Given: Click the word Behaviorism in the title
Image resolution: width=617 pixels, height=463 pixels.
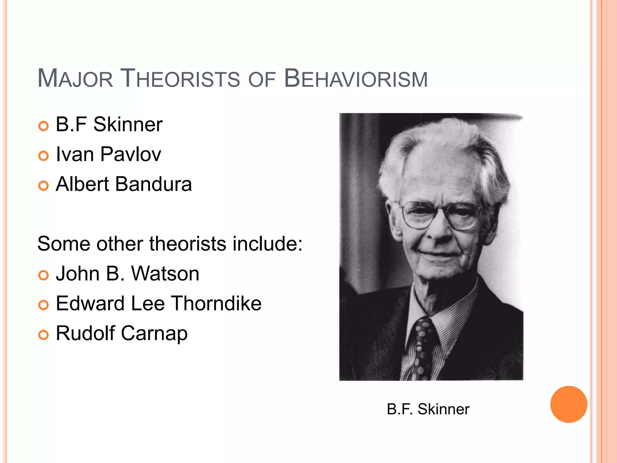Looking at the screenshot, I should click(356, 79).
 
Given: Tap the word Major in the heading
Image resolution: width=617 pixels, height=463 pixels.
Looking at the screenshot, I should click(75, 79).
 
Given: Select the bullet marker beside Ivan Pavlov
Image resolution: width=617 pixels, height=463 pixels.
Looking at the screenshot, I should click(44, 156).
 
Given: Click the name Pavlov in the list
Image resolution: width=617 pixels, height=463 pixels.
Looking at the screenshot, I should click(131, 154).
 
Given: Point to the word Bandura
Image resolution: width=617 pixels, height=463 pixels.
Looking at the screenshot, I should click(154, 184).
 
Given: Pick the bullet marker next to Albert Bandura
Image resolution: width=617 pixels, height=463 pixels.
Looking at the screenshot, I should click(44, 186).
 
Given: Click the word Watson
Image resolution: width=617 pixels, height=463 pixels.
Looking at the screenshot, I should click(165, 274).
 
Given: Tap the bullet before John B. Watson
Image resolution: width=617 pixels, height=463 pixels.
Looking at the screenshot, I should click(44, 275).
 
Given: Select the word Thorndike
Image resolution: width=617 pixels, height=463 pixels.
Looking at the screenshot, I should click(217, 303).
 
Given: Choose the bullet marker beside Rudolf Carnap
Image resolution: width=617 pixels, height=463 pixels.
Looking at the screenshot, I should click(44, 335).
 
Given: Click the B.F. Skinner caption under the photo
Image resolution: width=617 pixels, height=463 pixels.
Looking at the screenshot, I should click(428, 409).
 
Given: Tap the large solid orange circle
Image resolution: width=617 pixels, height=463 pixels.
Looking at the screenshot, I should click(568, 404).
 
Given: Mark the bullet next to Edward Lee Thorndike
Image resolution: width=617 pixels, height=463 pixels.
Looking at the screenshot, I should click(44, 305).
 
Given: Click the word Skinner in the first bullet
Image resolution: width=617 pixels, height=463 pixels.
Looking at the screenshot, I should click(128, 124).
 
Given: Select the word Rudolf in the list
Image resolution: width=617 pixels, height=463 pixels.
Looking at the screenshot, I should click(86, 333).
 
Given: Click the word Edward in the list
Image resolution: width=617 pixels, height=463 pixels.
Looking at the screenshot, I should click(90, 303).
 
